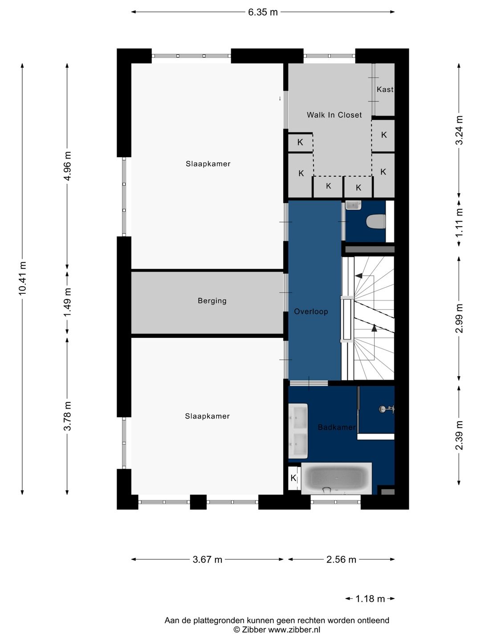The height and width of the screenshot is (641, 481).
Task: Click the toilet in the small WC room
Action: pos(375,221)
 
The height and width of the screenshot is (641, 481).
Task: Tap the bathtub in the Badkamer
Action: pos(336,478)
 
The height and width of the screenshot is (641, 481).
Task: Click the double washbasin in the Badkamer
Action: pos(298,430)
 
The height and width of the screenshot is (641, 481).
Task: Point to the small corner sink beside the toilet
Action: pos(353,205)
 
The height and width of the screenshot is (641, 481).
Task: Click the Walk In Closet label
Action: pos(334,115)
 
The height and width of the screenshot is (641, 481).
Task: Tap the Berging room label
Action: pos(212,301)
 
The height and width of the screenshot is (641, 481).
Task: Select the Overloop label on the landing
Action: pos(311,312)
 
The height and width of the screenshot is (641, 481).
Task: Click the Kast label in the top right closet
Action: pos(385,89)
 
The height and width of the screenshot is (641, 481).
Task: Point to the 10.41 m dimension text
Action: pos(22,279)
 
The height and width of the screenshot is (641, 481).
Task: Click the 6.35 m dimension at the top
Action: pos(263,12)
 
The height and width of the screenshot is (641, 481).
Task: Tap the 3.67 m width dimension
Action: pos(208,559)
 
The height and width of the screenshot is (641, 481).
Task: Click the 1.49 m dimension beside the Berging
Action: pos(68,302)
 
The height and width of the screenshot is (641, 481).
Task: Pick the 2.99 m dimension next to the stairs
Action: pos(459,318)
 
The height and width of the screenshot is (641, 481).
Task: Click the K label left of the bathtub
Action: pos(293,478)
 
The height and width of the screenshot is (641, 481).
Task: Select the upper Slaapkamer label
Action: pos(208,164)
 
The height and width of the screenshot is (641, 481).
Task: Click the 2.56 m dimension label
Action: pos(341,559)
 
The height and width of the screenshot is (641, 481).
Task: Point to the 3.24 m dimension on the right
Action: pos(459,130)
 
